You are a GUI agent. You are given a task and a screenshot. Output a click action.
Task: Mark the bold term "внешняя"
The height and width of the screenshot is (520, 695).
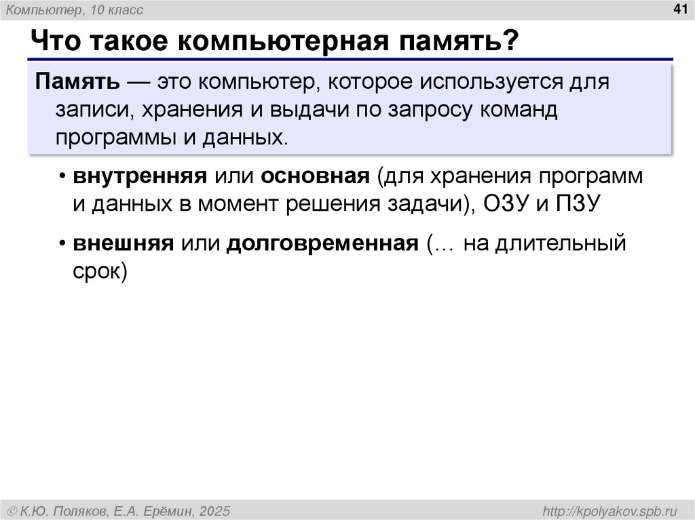pyautogui.click(x=124, y=243)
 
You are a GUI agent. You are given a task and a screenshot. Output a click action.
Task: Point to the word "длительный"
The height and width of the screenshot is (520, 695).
pyautogui.click(x=559, y=243)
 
